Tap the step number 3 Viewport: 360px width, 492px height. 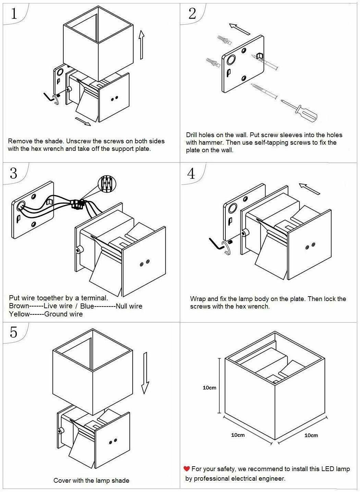click(x=13, y=173)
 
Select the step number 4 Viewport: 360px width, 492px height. click(x=191, y=173)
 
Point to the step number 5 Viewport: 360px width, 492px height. click(x=13, y=332)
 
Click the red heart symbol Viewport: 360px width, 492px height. click(x=187, y=469)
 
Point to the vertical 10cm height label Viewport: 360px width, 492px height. click(x=209, y=388)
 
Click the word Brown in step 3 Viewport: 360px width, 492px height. click(x=19, y=306)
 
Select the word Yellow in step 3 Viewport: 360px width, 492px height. click(x=20, y=314)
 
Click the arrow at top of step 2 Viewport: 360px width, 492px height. click(x=239, y=29)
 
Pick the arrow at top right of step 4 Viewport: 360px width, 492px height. click(x=310, y=189)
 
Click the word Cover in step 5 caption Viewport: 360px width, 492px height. click(x=62, y=481)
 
